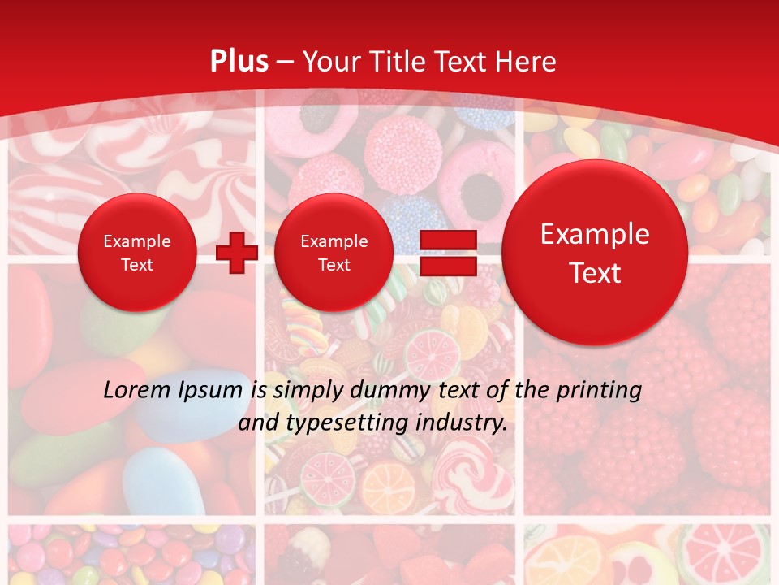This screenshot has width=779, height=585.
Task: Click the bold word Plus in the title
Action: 239,62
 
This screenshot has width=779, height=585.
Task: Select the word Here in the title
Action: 527,62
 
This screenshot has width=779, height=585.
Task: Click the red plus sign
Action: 237,252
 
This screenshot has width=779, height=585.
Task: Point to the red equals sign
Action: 447,252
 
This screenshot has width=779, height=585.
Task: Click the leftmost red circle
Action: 137,253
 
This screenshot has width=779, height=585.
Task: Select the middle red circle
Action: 334,253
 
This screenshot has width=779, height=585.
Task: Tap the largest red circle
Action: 595,253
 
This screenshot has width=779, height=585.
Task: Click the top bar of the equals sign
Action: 447,239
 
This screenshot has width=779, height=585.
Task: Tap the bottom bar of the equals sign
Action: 447,265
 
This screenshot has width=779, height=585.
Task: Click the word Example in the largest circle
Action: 595,234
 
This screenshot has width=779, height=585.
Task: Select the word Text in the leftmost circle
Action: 137,265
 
